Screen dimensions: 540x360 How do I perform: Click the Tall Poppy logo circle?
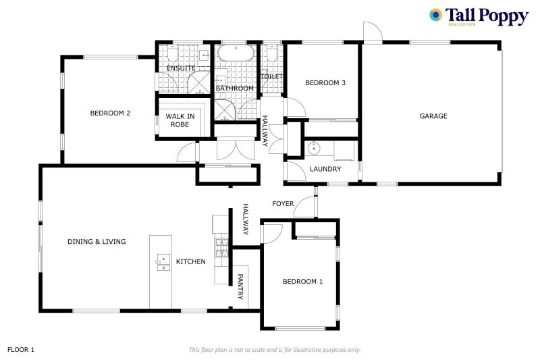click(x=435, y=15)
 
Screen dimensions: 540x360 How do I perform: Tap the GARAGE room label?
click(x=433, y=116)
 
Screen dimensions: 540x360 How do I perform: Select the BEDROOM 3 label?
click(x=325, y=82)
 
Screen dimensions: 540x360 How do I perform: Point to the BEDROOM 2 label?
click(x=110, y=113)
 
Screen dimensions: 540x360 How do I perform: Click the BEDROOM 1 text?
click(x=302, y=282)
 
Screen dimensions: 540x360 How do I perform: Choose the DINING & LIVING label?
click(x=97, y=242)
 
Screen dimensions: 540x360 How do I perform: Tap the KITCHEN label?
click(x=191, y=261)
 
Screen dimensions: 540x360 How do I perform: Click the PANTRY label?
click(x=240, y=286)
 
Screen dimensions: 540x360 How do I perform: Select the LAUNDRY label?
click(x=325, y=169)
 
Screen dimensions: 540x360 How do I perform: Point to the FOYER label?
click(x=283, y=203)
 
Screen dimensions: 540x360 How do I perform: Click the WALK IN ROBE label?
click(x=180, y=120)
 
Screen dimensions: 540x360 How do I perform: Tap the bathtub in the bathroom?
click(x=236, y=53)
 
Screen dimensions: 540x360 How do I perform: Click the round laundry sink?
click(x=314, y=149)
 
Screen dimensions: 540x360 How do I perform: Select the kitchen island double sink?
click(x=163, y=263)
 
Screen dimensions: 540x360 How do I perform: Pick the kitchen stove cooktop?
click(x=221, y=248)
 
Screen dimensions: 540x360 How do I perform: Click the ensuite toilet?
click(x=172, y=53)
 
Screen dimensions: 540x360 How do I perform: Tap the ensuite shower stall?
click(x=198, y=82)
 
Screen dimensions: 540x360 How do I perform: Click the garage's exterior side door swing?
click(x=373, y=32)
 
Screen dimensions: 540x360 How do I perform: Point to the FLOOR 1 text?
click(x=21, y=350)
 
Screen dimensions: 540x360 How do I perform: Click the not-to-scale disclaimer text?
click(x=275, y=350)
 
